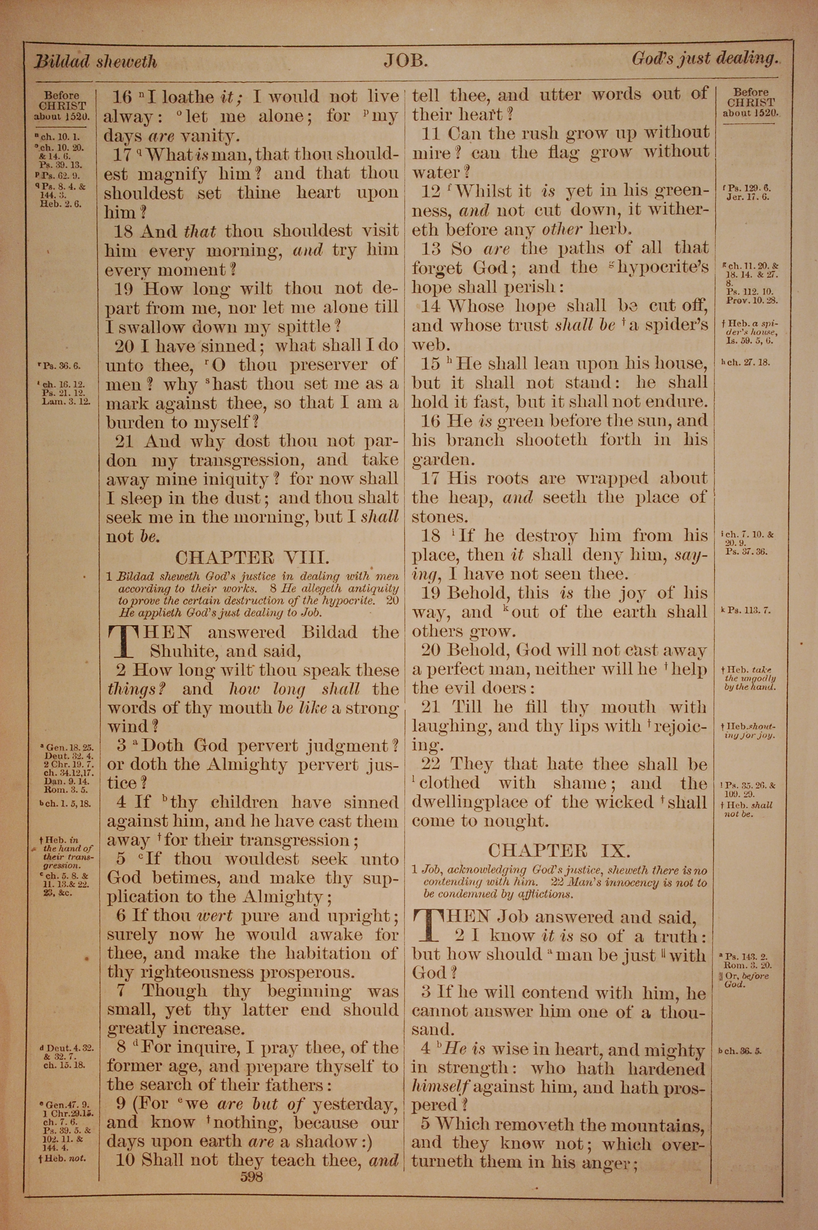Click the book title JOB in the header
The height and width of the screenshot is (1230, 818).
click(406, 61)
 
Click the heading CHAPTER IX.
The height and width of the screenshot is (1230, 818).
click(559, 851)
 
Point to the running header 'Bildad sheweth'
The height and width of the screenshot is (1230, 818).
click(95, 63)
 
